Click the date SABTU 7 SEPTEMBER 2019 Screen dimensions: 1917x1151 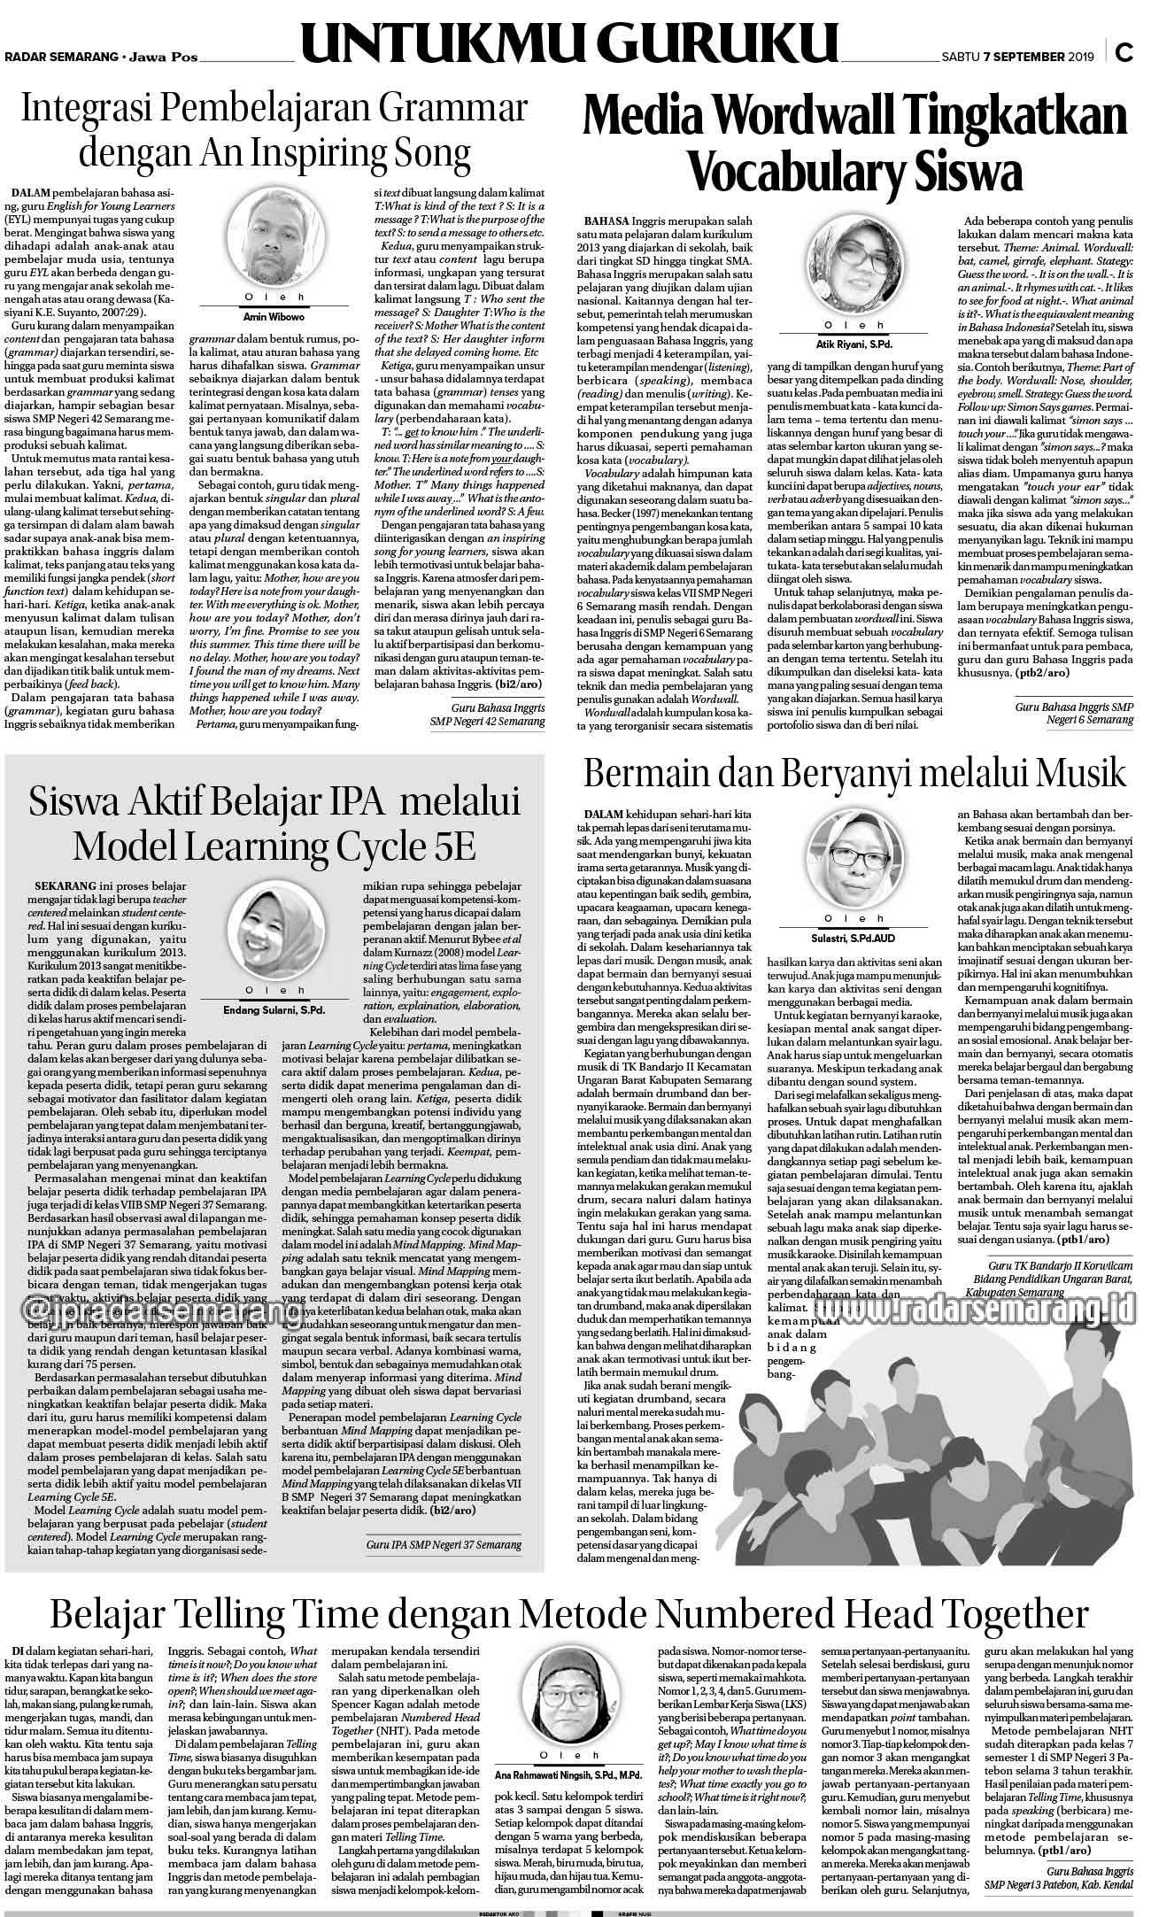pos(1017,57)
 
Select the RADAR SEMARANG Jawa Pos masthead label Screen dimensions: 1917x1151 pos(101,58)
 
